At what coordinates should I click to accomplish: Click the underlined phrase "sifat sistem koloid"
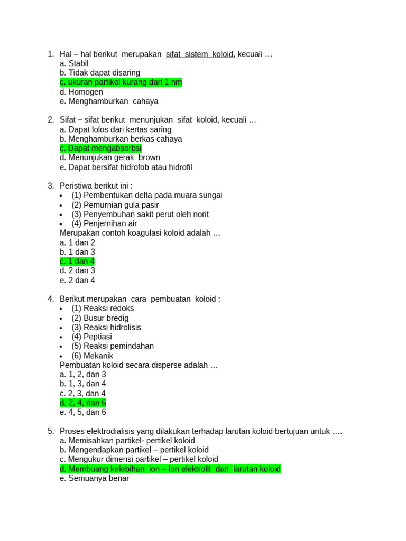click(x=199, y=54)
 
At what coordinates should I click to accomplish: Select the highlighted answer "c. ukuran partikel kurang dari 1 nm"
click(x=121, y=82)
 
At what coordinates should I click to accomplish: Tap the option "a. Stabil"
click(x=74, y=63)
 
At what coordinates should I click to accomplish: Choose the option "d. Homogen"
click(x=81, y=92)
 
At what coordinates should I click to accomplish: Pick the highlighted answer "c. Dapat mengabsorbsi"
click(x=100, y=148)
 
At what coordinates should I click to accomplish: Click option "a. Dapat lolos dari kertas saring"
click(x=115, y=129)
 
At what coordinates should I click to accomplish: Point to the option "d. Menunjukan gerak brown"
click(x=110, y=157)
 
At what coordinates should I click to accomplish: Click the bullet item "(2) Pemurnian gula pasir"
click(x=115, y=205)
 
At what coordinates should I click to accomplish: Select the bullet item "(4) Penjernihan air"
click(x=104, y=223)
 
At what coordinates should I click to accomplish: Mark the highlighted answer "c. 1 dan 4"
click(x=77, y=262)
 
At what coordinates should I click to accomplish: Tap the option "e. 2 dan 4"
click(x=77, y=281)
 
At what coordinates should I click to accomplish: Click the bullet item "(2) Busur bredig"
click(x=100, y=318)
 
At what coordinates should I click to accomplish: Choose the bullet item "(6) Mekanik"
click(x=92, y=356)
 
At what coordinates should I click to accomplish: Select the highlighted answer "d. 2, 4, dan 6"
click(x=83, y=403)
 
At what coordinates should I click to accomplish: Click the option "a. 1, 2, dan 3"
click(x=83, y=375)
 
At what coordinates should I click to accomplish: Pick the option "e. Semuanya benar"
click(x=94, y=478)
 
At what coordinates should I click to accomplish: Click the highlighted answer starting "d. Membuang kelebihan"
click(x=170, y=469)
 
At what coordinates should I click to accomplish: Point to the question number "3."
click(x=51, y=185)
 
